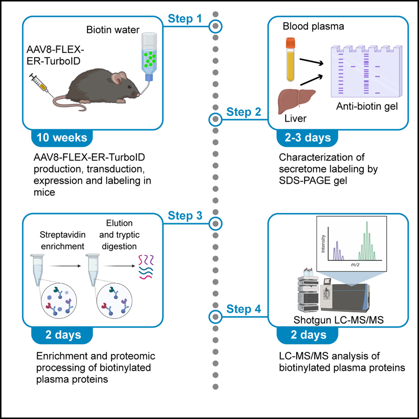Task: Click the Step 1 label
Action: (x=186, y=19)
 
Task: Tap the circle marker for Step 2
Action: (x=215, y=119)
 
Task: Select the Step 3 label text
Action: (x=186, y=216)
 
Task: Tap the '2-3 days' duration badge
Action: (x=304, y=138)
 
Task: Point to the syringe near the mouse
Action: (x=40, y=86)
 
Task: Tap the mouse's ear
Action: (x=121, y=77)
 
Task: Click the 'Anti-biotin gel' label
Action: (x=366, y=107)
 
